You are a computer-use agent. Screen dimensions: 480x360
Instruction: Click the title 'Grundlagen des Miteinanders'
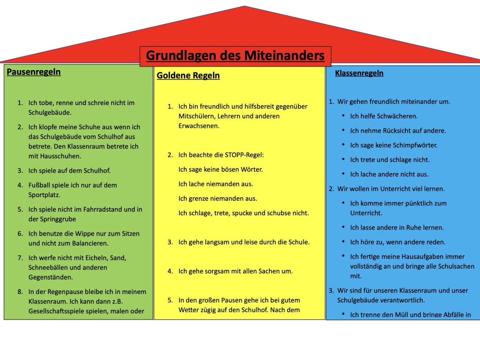[x=235, y=55]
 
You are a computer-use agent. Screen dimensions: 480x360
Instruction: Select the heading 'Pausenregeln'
[x=34, y=72]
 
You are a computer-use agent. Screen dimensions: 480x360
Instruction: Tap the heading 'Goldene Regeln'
[x=188, y=76]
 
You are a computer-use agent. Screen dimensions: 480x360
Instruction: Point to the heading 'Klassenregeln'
[x=359, y=73]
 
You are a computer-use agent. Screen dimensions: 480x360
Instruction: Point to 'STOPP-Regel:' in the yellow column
[x=244, y=155]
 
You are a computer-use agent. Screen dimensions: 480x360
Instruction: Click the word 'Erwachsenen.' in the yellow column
[x=199, y=126]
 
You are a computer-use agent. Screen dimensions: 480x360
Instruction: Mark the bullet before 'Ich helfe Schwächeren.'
[x=343, y=116]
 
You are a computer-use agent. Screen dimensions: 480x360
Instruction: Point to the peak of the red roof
[x=245, y=6]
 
